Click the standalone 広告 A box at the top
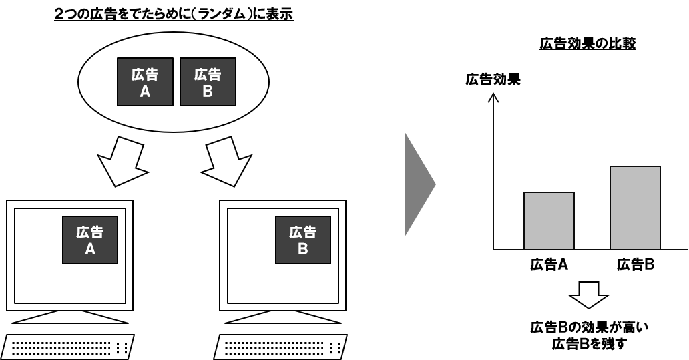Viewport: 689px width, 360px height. coord(145,81)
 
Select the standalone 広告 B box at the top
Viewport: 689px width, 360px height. coord(208,81)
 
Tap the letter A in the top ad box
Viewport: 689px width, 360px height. coord(145,92)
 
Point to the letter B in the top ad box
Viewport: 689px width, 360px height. coord(208,92)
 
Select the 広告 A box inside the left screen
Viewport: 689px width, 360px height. coord(90,240)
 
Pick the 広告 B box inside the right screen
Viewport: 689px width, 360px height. coord(303,240)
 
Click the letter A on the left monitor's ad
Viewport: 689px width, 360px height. coord(90,249)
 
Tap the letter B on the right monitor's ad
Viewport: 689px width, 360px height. coord(303,249)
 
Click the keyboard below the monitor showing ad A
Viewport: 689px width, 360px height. coord(67,347)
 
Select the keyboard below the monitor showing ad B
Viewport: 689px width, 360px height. coord(280,347)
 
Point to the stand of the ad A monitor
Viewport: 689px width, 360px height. coord(70,317)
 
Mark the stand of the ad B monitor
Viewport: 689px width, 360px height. coord(283,317)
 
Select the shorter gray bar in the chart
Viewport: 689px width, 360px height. coord(549,221)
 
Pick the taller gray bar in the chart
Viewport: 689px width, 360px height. coord(635,208)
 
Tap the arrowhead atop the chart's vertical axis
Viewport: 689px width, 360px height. coord(493,98)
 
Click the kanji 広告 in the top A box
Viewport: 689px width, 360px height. coord(145,74)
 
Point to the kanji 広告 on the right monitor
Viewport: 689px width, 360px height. coord(303,232)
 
